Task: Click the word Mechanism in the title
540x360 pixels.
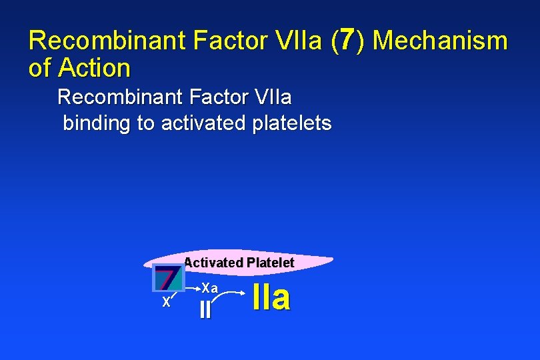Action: (x=440, y=41)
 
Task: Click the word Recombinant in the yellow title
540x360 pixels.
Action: (x=107, y=41)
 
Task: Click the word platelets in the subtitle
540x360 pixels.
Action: (x=292, y=123)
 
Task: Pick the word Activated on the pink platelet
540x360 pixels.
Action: (x=213, y=263)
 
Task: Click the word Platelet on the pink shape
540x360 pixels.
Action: (x=270, y=263)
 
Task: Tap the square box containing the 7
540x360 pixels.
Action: (x=169, y=278)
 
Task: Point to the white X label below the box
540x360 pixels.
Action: (x=166, y=302)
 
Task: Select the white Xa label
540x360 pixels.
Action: (x=210, y=288)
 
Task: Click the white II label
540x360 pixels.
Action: (x=205, y=310)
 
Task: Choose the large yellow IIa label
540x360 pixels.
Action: (x=272, y=298)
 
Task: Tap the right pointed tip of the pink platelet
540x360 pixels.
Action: (x=331, y=259)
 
